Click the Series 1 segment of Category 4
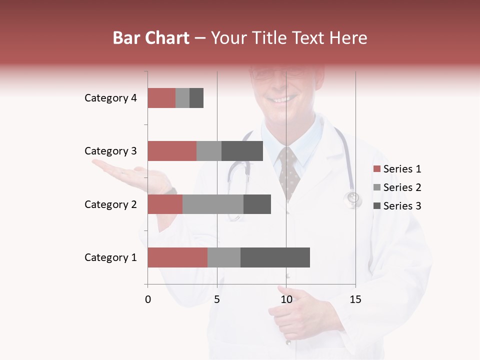(161, 98)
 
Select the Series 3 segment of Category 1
(275, 257)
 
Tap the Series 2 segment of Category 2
(213, 204)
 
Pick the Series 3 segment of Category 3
(242, 151)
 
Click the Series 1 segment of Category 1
(177, 257)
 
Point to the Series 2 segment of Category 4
(182, 98)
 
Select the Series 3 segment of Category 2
(257, 204)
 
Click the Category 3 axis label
(110, 151)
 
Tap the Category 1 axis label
(110, 257)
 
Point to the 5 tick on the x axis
(217, 299)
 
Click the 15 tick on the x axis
(355, 299)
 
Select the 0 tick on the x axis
(148, 299)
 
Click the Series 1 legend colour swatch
(376, 169)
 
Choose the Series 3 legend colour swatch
(376, 206)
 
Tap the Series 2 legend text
(402, 187)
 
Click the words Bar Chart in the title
(151, 38)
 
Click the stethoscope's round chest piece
(353, 198)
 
